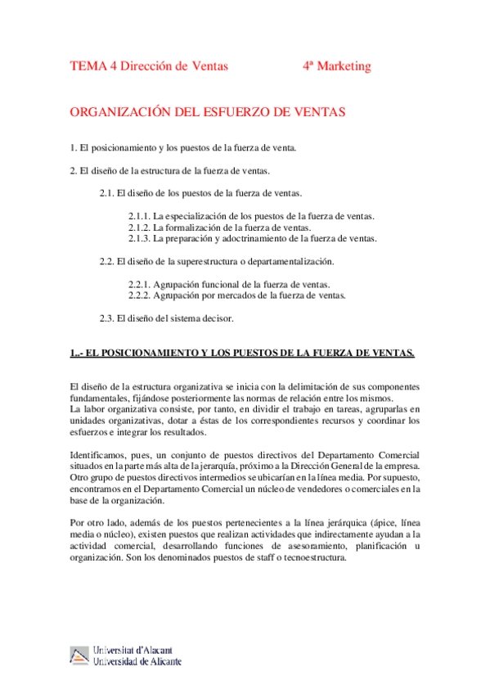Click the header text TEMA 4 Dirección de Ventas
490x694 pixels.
[149, 66]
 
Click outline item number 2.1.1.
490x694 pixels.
[251, 216]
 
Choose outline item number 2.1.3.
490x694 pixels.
[253, 239]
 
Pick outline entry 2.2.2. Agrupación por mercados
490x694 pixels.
[237, 295]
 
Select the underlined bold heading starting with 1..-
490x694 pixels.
[243, 354]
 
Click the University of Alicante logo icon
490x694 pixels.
[79, 656]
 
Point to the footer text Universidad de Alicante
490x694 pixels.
[138, 661]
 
